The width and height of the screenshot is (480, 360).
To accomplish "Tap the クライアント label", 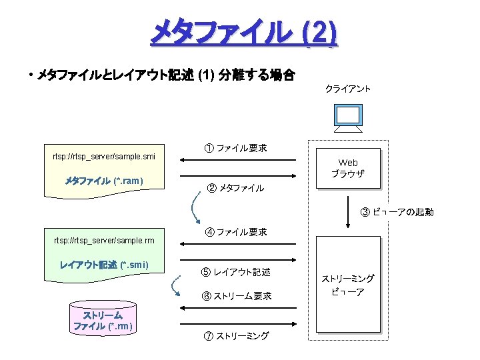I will (348, 89).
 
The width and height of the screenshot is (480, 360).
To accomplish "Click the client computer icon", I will (348, 120).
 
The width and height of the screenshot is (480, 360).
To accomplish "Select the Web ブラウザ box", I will (348, 168).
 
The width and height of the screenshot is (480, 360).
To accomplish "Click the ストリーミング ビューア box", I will (348, 285).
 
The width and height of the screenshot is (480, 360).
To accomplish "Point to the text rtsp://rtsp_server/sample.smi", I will (104, 157).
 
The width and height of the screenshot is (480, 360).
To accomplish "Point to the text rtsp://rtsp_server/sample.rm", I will (104, 240).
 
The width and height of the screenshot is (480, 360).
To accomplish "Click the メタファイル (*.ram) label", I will (104, 181).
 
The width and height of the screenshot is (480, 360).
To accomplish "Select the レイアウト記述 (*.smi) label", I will (104, 265).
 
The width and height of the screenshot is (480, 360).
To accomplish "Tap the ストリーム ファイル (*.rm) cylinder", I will (103, 319).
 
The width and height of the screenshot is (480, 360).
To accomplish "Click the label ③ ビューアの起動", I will (397, 212).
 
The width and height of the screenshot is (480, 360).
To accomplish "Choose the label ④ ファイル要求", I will (236, 232).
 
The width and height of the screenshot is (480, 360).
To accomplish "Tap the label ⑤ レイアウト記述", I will (236, 272).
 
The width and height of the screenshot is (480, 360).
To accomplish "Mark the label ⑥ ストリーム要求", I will (236, 296).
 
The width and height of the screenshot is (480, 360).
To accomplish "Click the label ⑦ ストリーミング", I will (236, 335).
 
